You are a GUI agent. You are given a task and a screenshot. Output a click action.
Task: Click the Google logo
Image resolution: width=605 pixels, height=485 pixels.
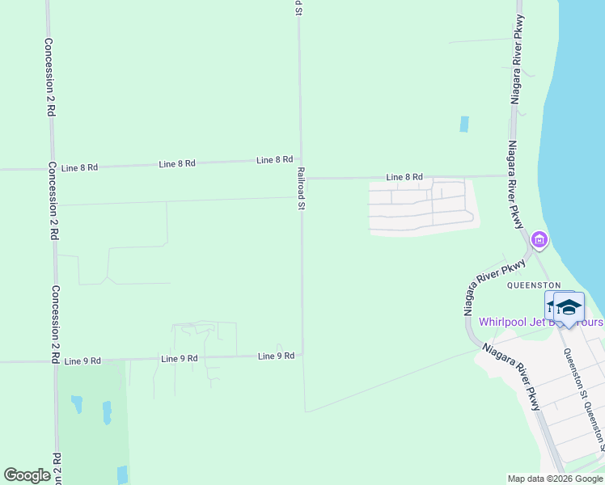pos(27,476)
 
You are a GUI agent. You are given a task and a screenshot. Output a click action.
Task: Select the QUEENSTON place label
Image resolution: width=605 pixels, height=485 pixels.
pos(533,285)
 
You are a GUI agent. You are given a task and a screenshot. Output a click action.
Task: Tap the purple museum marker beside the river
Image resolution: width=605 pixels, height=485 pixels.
pos(539,240)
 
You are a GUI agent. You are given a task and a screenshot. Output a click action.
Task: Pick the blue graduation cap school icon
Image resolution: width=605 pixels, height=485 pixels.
pos(569,307)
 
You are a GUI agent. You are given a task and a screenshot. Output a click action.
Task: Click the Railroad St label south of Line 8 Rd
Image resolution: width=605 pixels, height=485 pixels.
pos(300,189)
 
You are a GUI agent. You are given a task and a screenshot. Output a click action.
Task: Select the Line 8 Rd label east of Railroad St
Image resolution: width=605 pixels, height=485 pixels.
pos(404,177)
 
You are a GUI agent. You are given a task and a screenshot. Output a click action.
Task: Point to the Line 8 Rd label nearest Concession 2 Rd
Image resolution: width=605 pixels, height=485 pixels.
pos(79,167)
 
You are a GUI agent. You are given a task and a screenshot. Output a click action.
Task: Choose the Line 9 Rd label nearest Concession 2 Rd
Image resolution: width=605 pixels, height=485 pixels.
pos(82,361)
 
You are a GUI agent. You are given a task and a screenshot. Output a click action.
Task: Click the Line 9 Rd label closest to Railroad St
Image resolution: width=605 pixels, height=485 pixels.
pos(276,356)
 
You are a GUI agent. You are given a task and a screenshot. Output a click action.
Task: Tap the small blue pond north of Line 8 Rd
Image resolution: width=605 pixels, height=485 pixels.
pos(464,124)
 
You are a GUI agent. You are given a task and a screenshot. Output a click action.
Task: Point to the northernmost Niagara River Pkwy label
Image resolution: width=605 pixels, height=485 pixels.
pos(517,61)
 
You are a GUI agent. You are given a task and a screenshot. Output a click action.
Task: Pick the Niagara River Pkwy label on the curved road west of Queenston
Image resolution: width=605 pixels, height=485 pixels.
pos(484,289)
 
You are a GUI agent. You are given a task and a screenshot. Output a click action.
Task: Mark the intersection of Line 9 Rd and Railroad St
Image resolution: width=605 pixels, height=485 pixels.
pos(302,355)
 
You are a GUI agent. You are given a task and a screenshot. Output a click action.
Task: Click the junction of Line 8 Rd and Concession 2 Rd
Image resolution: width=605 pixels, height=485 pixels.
pos(52,169)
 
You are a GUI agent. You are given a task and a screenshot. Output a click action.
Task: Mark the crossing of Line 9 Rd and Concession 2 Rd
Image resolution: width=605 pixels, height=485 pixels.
pos(55,361)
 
